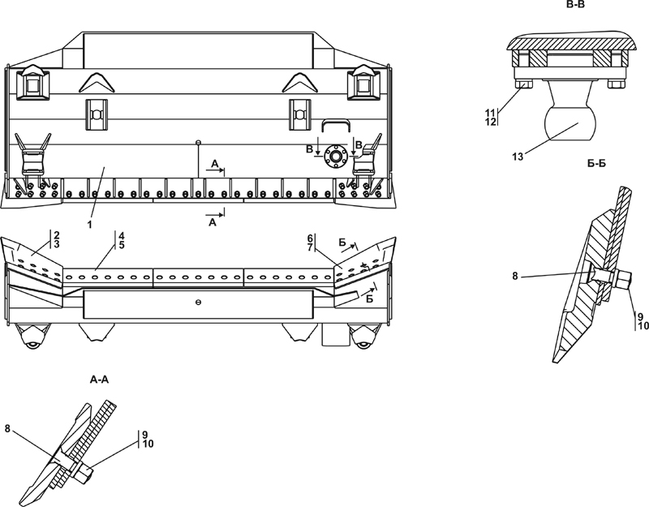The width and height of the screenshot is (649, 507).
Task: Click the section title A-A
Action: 99,379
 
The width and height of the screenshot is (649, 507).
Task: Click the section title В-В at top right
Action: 575,4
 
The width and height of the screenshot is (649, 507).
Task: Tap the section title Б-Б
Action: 596,163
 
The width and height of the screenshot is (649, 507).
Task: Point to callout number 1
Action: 89,225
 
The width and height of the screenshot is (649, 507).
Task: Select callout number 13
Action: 518,157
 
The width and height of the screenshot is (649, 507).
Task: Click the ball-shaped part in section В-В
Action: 569,122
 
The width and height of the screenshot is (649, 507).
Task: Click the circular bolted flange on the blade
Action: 335,157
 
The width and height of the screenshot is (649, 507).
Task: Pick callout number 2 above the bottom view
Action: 56,235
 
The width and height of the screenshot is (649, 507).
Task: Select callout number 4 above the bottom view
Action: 121,235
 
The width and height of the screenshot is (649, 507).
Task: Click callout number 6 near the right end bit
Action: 310,238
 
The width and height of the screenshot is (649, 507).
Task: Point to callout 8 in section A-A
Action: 7,428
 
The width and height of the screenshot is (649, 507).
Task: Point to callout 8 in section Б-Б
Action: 515,276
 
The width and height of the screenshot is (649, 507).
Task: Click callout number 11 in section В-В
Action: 491,113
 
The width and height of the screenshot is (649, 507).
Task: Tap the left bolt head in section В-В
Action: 524,84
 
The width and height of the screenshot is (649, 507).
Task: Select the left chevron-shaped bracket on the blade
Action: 97,82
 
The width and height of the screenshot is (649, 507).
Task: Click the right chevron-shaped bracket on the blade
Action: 300,82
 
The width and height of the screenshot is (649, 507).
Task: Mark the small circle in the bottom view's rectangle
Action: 198,303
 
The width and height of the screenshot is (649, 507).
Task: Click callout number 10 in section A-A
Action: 148,444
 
